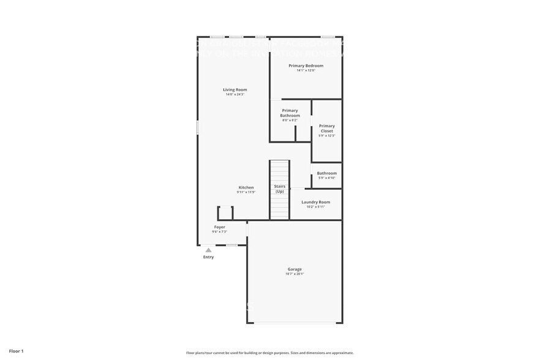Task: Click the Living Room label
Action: click(x=235, y=90)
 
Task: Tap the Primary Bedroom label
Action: click(x=306, y=66)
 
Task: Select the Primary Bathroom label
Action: click(x=290, y=113)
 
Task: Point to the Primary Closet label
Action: click(x=327, y=129)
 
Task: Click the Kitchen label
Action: click(x=246, y=187)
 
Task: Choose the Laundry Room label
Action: click(x=316, y=202)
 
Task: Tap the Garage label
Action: click(x=294, y=269)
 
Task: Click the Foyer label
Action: click(x=219, y=227)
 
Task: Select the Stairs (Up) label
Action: click(x=279, y=189)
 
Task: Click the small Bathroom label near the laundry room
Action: click(x=327, y=173)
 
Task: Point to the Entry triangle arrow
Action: click(x=208, y=250)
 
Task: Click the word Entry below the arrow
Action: click(x=208, y=257)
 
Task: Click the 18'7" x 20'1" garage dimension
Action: click(x=294, y=274)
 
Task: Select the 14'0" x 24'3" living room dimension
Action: click(x=235, y=95)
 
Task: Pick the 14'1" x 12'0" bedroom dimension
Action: click(x=306, y=70)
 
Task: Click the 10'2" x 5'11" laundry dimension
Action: click(x=316, y=207)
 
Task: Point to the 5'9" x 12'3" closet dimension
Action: click(x=327, y=136)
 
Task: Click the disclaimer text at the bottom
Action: click(x=269, y=353)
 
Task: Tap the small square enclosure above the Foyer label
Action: click(x=226, y=213)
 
